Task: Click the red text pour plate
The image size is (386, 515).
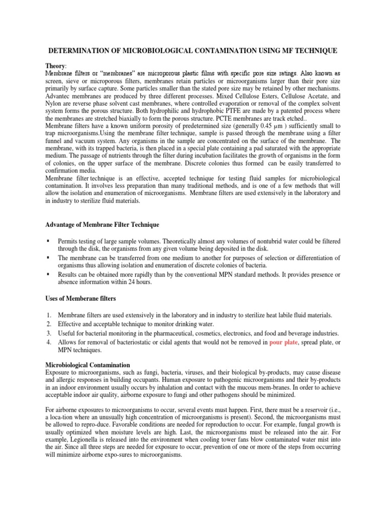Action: [x=285, y=341]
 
